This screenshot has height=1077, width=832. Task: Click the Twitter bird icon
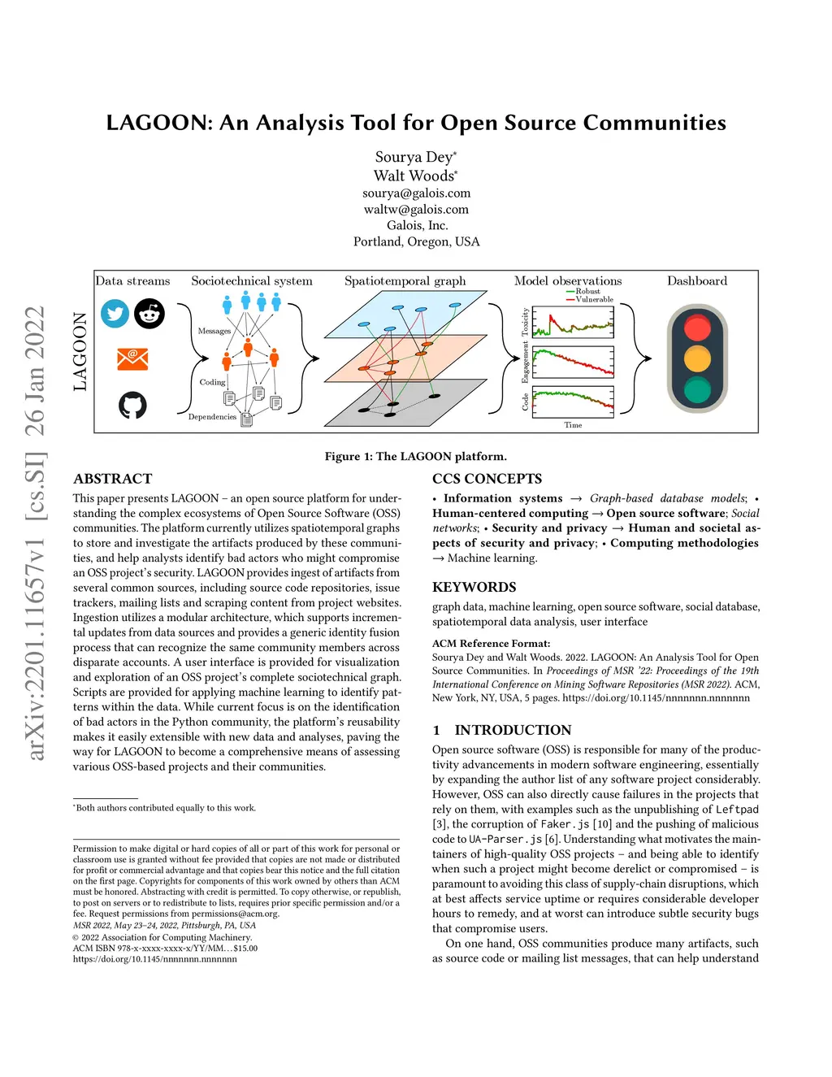(115, 314)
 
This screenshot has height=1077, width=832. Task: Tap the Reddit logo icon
(149, 314)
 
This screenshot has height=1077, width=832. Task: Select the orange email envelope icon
(132, 358)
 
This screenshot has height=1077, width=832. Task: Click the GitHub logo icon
(132, 404)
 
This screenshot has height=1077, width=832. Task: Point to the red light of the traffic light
(697, 328)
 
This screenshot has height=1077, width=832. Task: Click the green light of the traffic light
(697, 389)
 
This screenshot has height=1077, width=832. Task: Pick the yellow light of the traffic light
(697, 358)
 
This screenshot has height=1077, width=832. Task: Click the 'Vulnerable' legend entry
(594, 299)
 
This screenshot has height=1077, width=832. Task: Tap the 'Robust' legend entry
(587, 291)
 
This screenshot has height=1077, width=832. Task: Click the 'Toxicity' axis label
(525, 322)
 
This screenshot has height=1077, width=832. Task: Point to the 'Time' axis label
(573, 425)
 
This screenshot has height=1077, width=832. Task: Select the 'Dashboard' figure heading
(697, 281)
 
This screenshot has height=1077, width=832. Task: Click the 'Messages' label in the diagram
(214, 331)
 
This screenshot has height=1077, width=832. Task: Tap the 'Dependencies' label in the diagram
(212, 417)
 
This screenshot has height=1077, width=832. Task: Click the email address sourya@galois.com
(416, 193)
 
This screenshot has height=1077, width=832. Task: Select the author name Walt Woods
(414, 176)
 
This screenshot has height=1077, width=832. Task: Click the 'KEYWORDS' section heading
(474, 587)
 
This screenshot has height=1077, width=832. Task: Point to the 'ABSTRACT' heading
(112, 479)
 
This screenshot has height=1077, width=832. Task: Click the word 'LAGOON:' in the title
(159, 123)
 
